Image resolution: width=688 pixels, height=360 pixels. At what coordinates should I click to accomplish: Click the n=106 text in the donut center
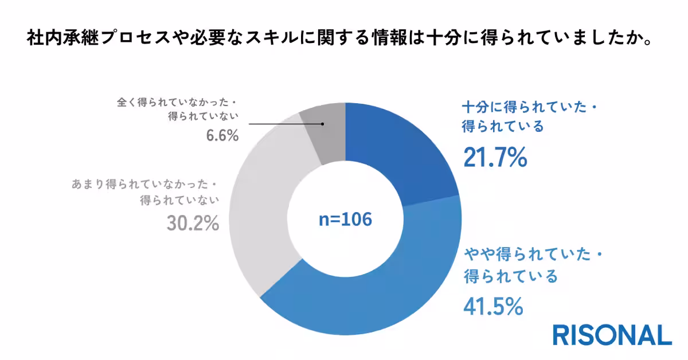345,219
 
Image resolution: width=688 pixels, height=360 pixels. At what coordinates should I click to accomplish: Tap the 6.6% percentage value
220,137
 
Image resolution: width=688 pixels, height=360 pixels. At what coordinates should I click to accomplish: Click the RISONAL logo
612,335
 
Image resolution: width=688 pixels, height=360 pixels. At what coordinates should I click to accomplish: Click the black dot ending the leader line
323,124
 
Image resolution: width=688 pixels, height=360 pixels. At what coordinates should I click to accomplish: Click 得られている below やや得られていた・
510,277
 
